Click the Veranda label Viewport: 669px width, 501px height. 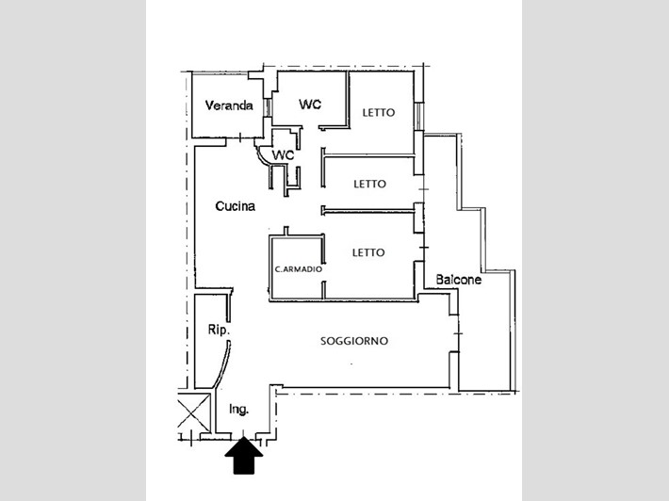(229, 105)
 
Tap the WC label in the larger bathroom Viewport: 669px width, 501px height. (310, 104)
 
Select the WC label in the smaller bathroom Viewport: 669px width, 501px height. (283, 154)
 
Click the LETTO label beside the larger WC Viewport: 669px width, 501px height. (379, 113)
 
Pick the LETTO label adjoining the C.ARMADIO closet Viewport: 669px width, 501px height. (368, 252)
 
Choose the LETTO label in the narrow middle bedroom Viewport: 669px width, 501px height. (369, 184)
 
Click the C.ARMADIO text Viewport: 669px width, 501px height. (298, 269)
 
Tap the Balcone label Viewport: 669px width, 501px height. (459, 280)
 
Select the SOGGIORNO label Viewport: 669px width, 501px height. (354, 341)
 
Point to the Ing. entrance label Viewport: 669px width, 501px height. (238, 409)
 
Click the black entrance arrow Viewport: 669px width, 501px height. (245, 459)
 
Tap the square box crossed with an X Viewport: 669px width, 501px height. (191, 413)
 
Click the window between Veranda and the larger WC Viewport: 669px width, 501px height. (268, 106)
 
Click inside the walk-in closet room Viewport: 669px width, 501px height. (297, 254)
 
